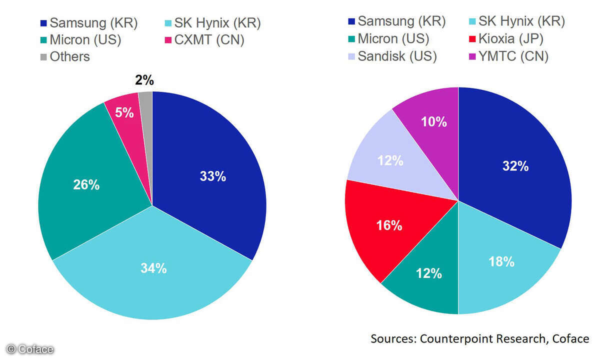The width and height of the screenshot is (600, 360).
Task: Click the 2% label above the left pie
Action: click(144, 80)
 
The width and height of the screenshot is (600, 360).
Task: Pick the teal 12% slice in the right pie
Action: click(429, 273)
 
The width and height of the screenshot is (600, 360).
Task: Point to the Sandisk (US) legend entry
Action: click(391, 56)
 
